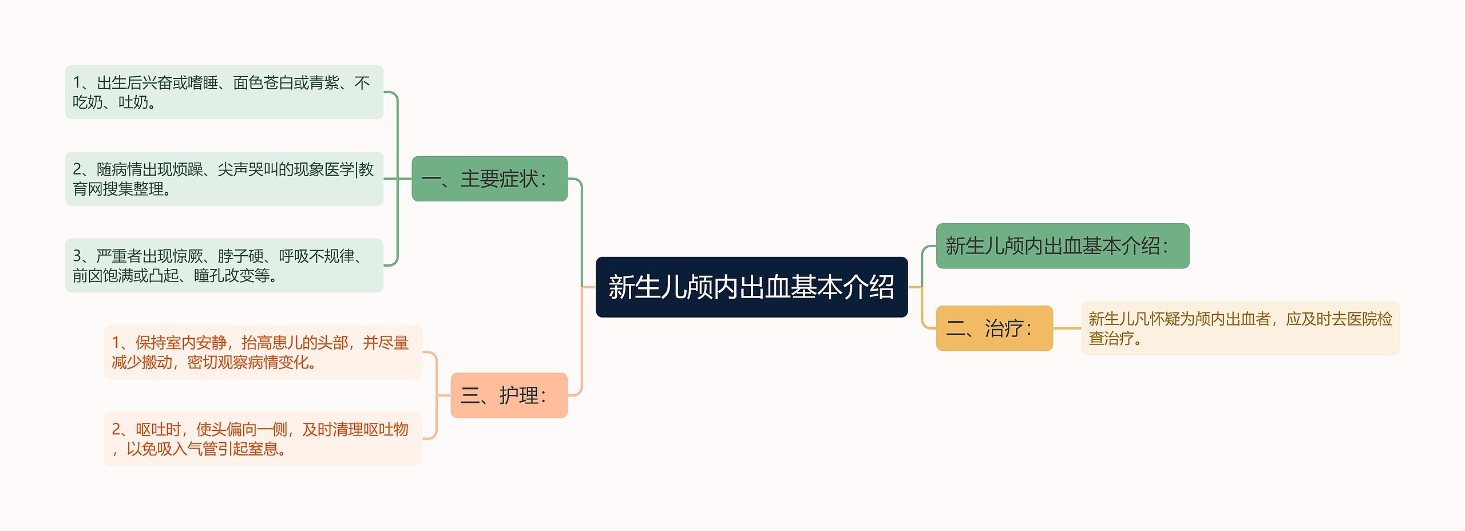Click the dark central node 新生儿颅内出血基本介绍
tap(751, 287)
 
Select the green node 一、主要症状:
tap(489, 179)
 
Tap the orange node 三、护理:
tap(509, 395)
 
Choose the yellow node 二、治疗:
tap(994, 328)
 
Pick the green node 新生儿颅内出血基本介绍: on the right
tap(1062, 245)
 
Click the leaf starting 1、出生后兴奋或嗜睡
tap(224, 92)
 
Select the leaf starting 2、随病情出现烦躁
tap(224, 179)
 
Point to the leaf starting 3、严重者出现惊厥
tap(224, 265)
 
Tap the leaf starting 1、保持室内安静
tap(263, 352)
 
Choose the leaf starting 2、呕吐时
tap(263, 438)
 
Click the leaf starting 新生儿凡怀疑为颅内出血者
tap(1240, 328)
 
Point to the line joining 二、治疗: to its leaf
tap(1067, 328)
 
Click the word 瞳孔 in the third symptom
tap(209, 276)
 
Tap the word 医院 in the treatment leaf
tap(1361, 319)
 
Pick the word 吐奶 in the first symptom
tap(133, 102)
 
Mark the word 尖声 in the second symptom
tap(232, 169)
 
